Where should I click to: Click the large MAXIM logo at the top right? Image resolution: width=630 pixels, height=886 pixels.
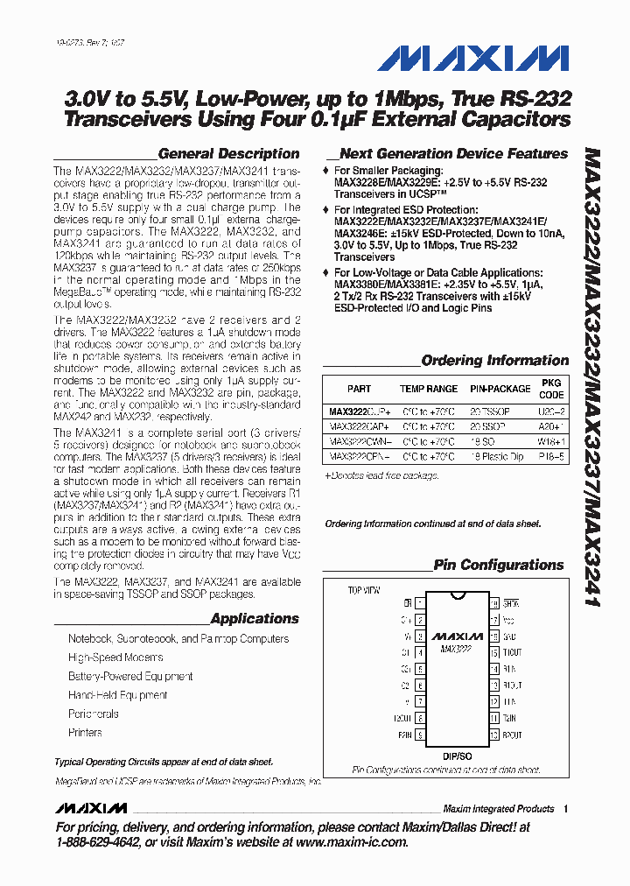click(473, 59)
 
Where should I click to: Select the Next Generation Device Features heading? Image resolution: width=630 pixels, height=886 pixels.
click(453, 153)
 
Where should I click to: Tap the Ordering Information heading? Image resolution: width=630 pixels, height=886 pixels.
click(495, 360)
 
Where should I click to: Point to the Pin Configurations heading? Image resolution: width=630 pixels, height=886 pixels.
click(501, 565)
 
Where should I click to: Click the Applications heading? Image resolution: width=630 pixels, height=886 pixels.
click(255, 618)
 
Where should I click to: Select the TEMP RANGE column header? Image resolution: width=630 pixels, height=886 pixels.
click(429, 389)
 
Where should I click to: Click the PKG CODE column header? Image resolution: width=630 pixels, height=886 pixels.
click(552, 389)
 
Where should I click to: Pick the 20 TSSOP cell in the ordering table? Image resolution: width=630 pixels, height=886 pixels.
click(489, 411)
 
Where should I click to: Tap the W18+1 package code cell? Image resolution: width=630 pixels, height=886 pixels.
click(551, 441)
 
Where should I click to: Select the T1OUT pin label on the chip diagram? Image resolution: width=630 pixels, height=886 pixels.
click(513, 652)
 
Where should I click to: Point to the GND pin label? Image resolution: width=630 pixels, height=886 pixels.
click(511, 636)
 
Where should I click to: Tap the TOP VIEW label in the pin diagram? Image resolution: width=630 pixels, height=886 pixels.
click(366, 591)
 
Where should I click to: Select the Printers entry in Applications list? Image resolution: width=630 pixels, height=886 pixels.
click(85, 732)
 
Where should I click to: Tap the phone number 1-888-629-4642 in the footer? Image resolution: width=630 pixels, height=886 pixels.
click(96, 842)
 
